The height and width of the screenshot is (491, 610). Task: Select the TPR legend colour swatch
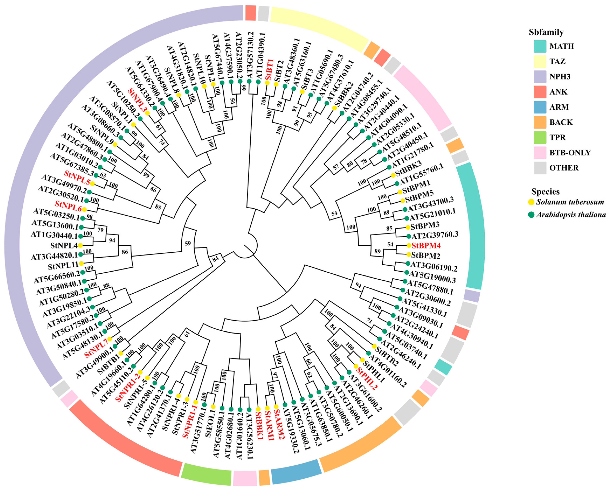tap(540, 137)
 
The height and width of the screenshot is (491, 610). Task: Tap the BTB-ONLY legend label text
tap(570, 153)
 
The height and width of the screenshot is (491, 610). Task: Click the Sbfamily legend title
tap(546, 32)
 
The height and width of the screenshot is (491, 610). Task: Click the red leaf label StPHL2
tap(366, 379)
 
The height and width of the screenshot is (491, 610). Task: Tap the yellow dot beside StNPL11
tap(81, 264)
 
